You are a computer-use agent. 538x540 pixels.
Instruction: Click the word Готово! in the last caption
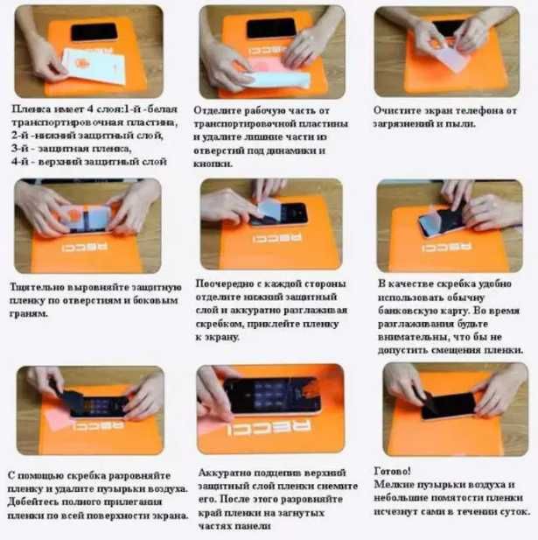tap(393, 469)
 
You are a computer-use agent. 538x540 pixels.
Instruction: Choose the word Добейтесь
tap(42, 501)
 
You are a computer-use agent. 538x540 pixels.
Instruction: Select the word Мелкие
tap(393, 483)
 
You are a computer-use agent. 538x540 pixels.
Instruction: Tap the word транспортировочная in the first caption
tap(71, 123)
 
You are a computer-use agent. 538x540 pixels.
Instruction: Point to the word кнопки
tap(213, 164)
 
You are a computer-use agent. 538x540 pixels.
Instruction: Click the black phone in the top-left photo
tap(94, 32)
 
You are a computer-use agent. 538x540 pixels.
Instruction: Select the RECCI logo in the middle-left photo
tap(81, 248)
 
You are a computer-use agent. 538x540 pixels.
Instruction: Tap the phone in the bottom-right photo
tap(448, 405)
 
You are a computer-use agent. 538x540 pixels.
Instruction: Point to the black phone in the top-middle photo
tap(270, 30)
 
